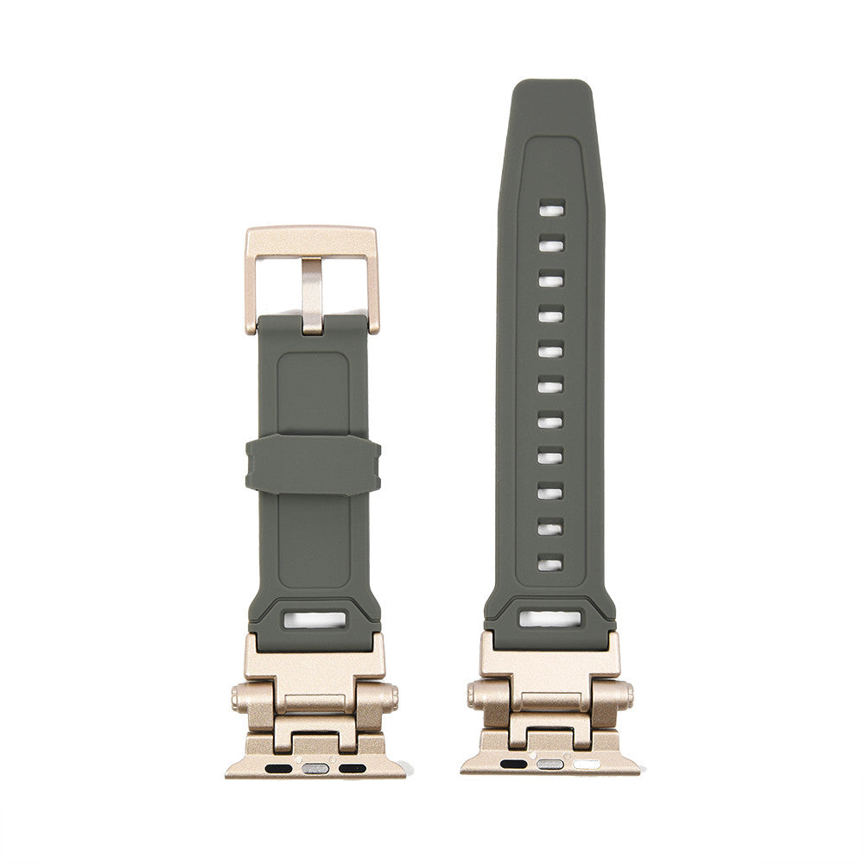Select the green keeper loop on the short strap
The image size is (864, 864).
coord(313,465)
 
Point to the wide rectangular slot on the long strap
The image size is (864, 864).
coord(550,619)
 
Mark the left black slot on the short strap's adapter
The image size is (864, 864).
coord(278,767)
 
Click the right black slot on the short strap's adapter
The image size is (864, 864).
coord(352,767)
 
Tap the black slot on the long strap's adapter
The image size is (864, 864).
coord(513,764)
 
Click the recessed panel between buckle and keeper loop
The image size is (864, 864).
coord(313,393)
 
